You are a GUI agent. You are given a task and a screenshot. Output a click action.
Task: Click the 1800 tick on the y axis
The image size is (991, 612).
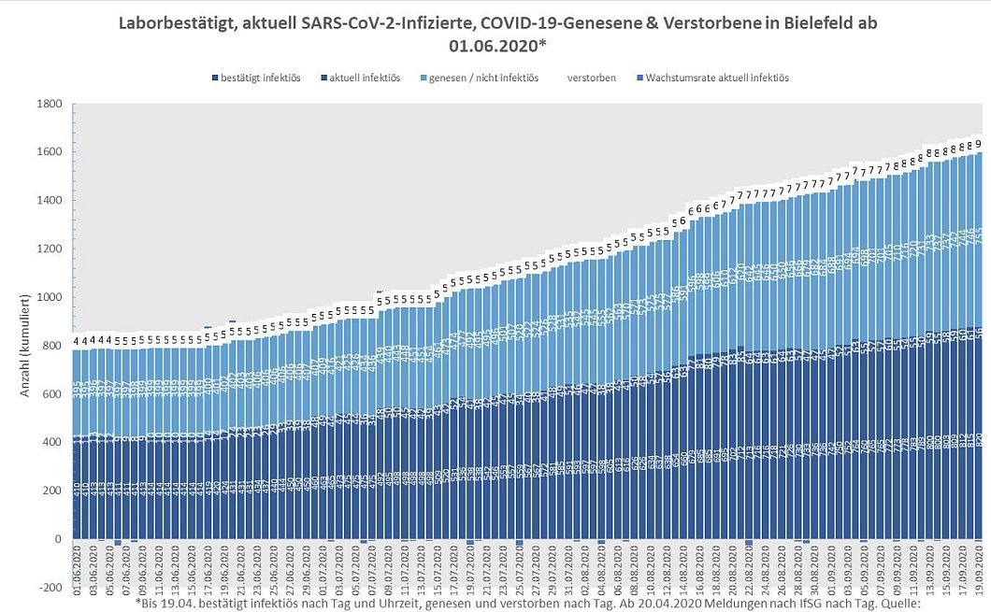(49, 104)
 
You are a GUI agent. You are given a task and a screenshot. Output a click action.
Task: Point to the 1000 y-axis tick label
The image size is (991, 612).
(49, 298)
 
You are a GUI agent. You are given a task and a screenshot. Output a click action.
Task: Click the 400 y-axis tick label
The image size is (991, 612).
(51, 442)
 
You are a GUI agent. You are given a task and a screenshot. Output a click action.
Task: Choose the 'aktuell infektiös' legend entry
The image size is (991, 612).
(364, 78)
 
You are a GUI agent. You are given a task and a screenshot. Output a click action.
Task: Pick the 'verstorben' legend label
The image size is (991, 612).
(591, 78)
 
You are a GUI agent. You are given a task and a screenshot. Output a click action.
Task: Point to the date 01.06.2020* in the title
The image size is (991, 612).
(495, 42)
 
